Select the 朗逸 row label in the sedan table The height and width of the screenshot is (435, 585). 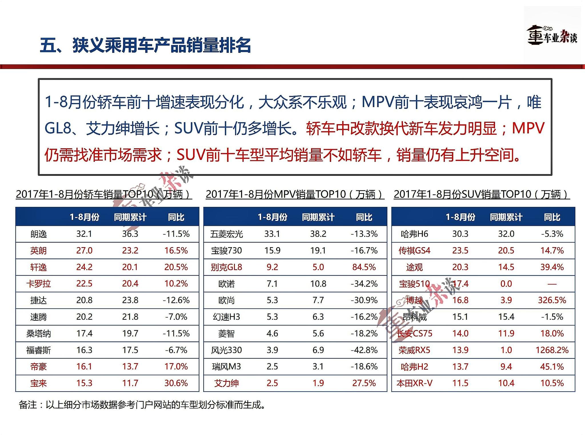tap(39, 234)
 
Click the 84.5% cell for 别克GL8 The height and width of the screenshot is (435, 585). tap(364, 267)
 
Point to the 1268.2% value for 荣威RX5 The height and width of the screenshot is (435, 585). tap(552, 350)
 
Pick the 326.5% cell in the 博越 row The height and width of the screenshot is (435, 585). tap(552, 300)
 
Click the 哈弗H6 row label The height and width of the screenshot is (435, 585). tap(414, 234)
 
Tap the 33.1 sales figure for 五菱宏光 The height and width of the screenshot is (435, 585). tap(272, 234)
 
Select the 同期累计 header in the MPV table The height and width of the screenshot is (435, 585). tap(318, 217)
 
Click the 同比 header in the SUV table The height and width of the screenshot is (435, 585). tap(552, 217)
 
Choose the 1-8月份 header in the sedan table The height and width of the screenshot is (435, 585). tap(84, 217)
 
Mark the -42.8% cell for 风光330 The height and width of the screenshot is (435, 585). tap(364, 350)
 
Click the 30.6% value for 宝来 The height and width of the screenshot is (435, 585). tap(176, 383)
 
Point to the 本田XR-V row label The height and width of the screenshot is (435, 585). tap(414, 383)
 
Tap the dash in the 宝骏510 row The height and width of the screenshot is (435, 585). tap(552, 284)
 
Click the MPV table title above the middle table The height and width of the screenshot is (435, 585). tap(295, 194)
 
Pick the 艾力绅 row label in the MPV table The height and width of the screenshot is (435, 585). tap(226, 383)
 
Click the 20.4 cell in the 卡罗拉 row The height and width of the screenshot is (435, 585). tap(130, 284)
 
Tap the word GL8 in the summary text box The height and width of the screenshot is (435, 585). tap(57, 128)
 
